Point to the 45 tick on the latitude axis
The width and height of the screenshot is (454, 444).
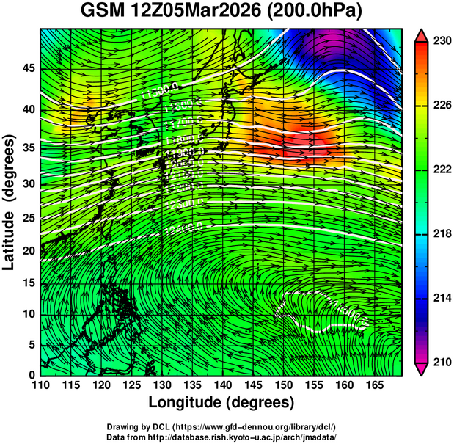pos(28,68)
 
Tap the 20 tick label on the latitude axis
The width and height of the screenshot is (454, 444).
pos(28,251)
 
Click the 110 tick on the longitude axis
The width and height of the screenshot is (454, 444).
pos(40,385)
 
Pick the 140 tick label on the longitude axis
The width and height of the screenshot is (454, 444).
pos(222,385)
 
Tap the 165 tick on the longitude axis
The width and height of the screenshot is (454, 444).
pos(373,385)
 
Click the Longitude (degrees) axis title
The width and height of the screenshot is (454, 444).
pos(221,403)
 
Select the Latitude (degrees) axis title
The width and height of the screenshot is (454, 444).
pos(10,203)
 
